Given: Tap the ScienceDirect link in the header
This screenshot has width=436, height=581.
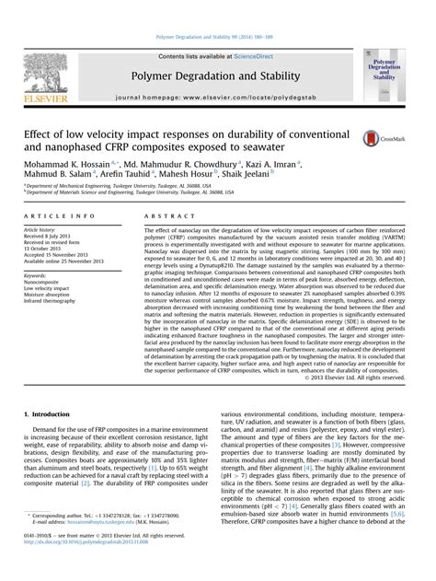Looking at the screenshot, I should (261, 31).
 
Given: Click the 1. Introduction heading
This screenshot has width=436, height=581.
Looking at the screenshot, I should (47, 416).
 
